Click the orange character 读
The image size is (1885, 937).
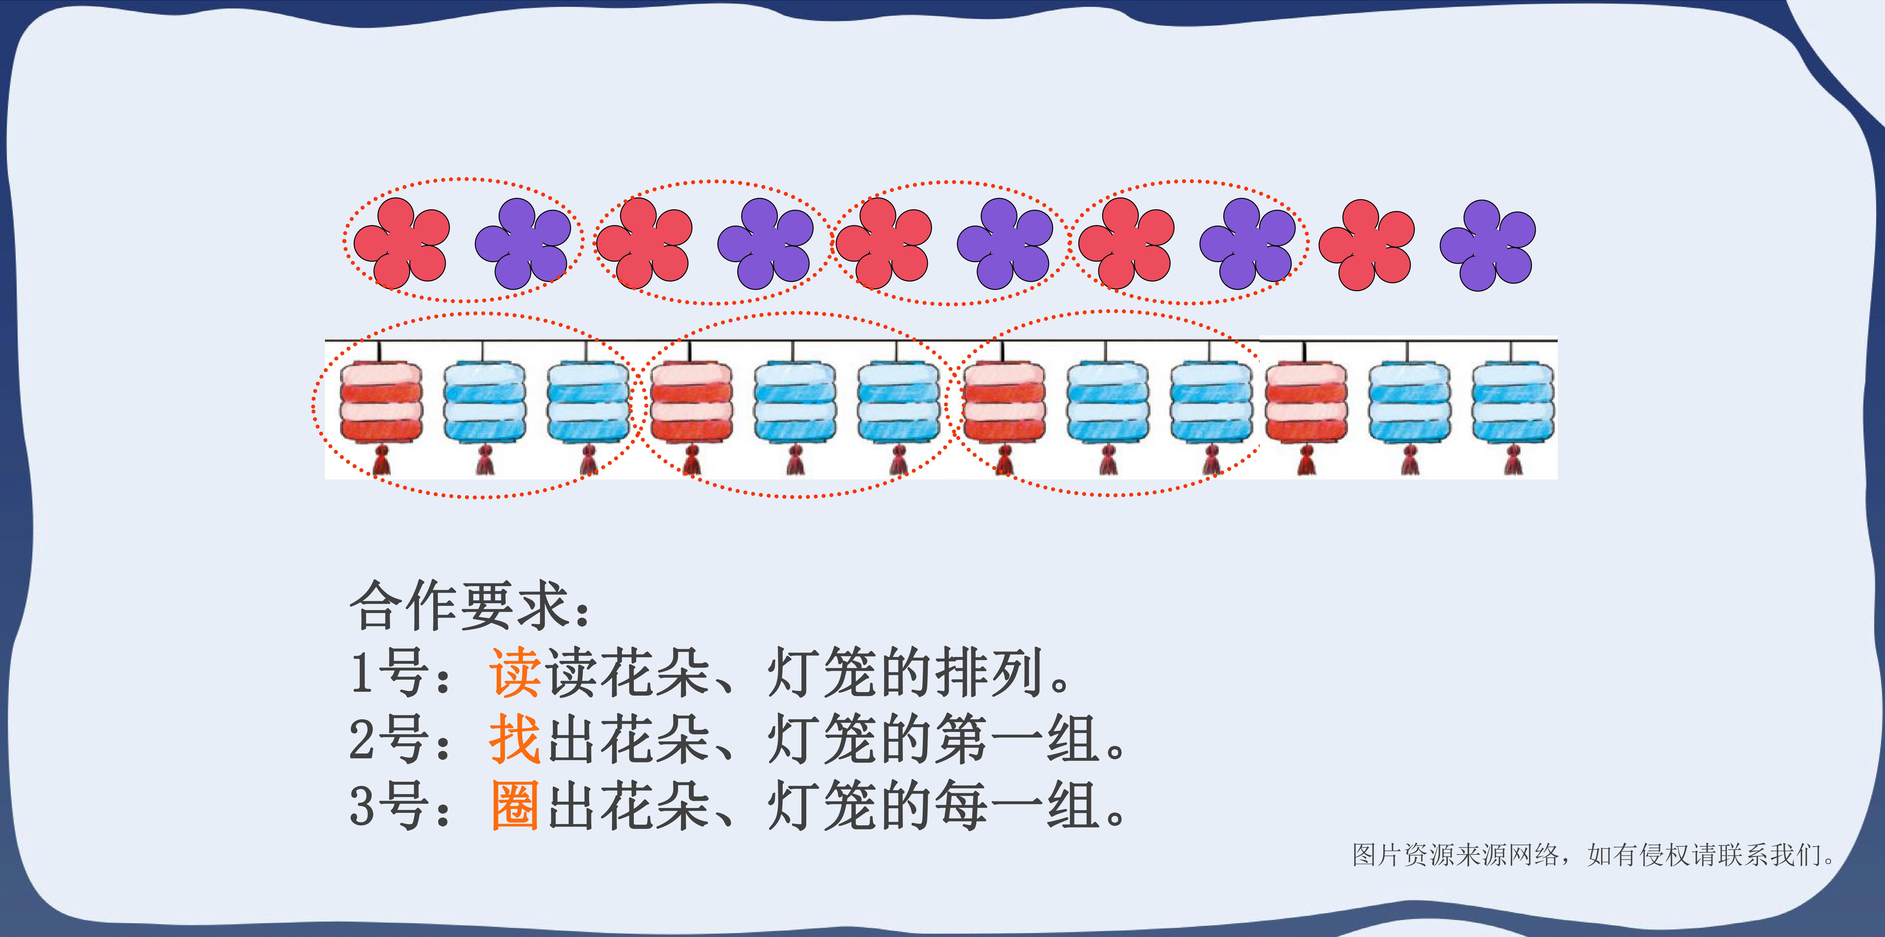coord(515,672)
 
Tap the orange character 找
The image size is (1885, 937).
coord(515,739)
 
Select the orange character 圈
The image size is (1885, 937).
coord(515,805)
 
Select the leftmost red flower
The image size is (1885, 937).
coord(401,243)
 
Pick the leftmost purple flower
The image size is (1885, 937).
coord(523,243)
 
